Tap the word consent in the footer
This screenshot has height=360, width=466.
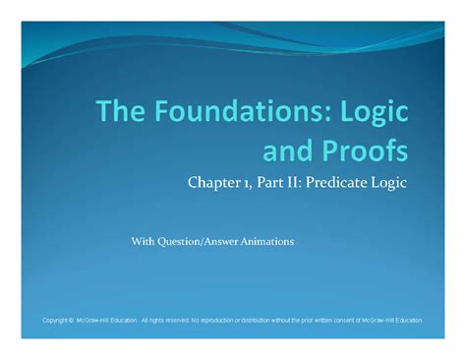(357, 321)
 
